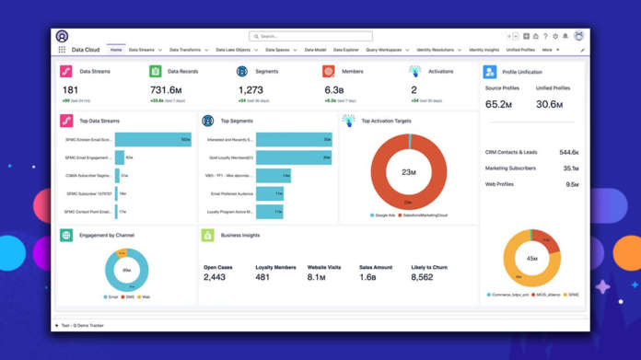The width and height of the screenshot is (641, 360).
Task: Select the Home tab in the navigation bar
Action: coord(116,50)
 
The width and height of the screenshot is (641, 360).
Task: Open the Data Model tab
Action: coord(314,50)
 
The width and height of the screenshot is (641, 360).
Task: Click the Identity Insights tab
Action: coord(484,50)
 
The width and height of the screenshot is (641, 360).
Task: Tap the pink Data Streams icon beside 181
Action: coord(66,72)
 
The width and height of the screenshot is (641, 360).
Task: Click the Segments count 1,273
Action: coord(251,89)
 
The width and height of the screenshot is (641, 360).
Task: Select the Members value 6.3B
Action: coord(334,89)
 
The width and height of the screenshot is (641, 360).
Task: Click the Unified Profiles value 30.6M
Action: coord(550,104)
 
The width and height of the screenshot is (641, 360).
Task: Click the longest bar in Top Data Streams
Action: coord(153,140)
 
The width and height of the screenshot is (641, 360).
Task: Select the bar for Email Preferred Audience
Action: coord(269,193)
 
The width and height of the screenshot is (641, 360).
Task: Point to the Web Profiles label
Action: coord(499,184)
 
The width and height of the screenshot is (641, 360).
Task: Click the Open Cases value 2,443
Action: coord(214,277)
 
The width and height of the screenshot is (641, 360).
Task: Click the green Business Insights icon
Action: coord(208,236)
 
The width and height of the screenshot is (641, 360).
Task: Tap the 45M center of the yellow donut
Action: coord(532,258)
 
